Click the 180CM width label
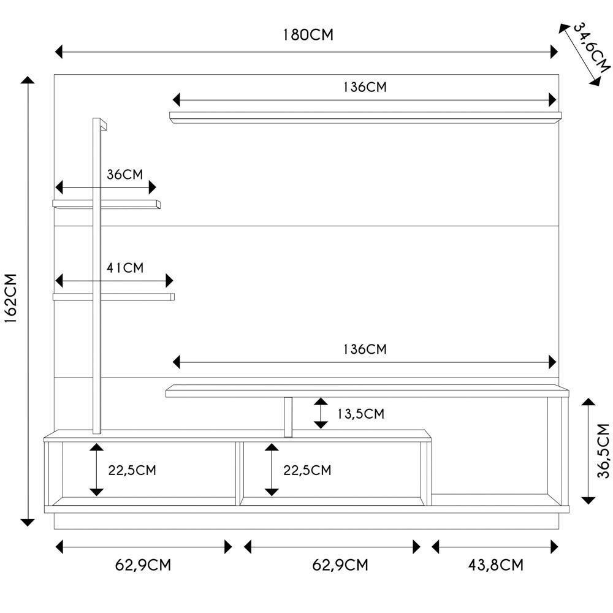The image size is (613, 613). [308, 34]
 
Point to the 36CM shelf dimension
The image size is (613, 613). [124, 174]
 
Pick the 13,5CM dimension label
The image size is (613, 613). [360, 414]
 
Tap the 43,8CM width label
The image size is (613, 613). [495, 565]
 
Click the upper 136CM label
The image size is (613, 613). [365, 86]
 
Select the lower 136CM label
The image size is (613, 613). [365, 349]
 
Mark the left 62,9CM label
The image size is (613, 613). [143, 565]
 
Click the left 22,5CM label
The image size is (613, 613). [132, 470]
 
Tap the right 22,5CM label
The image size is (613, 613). [307, 470]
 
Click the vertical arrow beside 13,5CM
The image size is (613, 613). [321, 413]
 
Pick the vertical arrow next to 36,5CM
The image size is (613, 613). [588, 451]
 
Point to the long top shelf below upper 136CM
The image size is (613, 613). [365, 116]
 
